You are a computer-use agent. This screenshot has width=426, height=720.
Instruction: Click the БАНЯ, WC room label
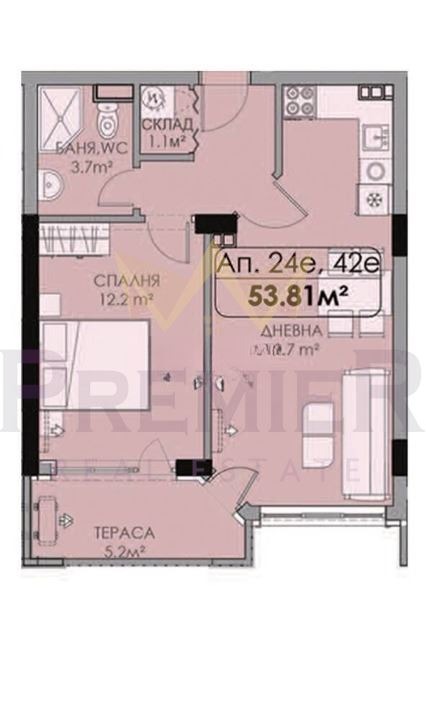click(x=88, y=154)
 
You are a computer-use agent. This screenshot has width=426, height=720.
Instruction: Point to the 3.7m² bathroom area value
click(x=90, y=170)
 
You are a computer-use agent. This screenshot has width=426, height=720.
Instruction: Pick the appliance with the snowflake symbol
click(x=375, y=197)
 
